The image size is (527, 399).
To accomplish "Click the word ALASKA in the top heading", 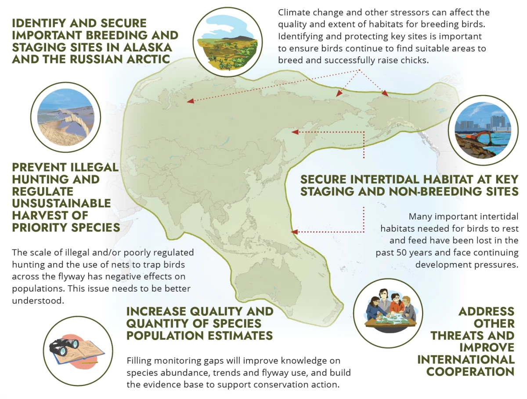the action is (148, 47).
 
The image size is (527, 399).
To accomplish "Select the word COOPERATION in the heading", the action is (470, 372).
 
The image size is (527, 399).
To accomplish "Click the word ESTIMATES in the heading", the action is (237, 336).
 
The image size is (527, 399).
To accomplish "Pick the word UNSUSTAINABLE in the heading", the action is (61, 204).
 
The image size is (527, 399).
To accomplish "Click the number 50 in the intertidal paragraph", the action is (401, 253).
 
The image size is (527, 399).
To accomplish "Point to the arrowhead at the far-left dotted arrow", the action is (191, 101).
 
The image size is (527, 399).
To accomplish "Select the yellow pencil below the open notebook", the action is (89, 362).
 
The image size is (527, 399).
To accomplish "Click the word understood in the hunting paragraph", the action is (38, 300).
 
